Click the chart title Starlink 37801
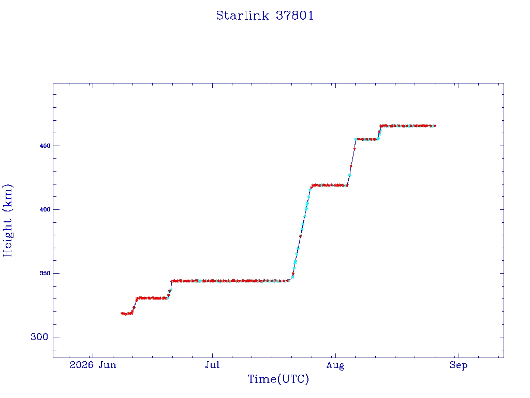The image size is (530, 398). [265, 16]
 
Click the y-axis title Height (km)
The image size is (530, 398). [7, 220]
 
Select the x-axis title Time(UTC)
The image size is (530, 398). [278, 379]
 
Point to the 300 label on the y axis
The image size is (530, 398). [39, 337]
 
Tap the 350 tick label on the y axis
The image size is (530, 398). [45, 273]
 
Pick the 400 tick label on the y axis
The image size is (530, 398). [45, 209]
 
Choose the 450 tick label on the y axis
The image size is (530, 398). [45, 146]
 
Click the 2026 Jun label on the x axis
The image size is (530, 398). [93, 365]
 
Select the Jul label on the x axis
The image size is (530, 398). [212, 365]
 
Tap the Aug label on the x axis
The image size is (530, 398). [335, 365]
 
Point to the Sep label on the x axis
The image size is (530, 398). [459, 365]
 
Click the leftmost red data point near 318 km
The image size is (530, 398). [122, 314]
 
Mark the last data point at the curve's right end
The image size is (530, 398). [435, 126]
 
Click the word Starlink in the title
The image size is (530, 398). [242, 16]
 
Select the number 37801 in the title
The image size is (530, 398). [295, 16]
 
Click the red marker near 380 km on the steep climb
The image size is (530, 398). [301, 236]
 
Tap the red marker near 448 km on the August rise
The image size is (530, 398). [354, 149]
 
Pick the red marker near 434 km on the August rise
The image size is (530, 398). [351, 166]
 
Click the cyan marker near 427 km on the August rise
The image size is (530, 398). [349, 175]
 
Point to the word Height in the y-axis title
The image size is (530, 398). [7, 237]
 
